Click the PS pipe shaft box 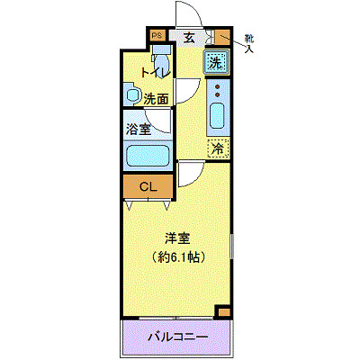pyautogui.click(x=157, y=35)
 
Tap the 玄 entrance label pyautogui.click(x=190, y=38)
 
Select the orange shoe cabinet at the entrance pyautogui.click(x=222, y=37)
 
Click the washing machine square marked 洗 pyautogui.click(x=216, y=62)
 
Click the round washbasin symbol pyautogui.click(x=131, y=94)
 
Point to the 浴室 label pyautogui.click(x=138, y=128)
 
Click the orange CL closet pyautogui.click(x=148, y=186)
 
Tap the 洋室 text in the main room pyautogui.click(x=177, y=238)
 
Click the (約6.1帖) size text pyautogui.click(x=177, y=256)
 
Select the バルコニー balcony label pyautogui.click(x=177, y=337)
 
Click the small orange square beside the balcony pyautogui.click(x=223, y=312)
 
